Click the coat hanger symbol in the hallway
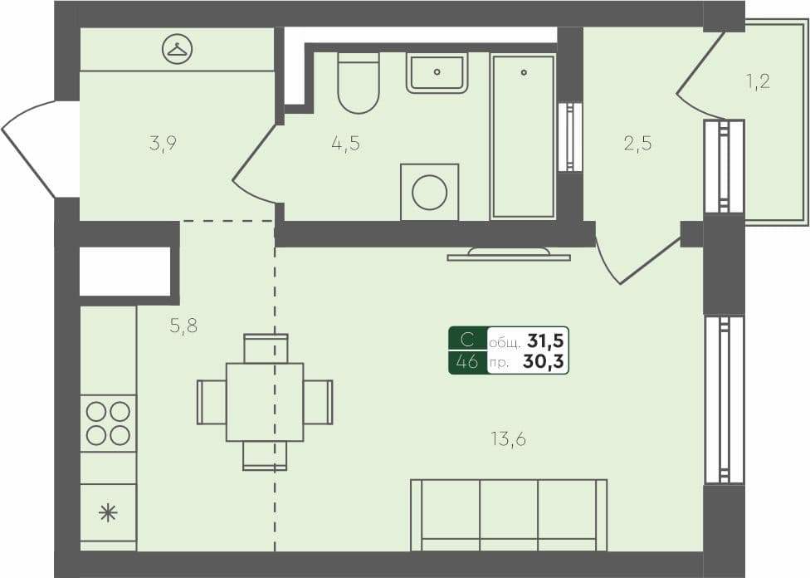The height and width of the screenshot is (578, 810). [176, 49]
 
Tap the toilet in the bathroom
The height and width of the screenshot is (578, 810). [359, 82]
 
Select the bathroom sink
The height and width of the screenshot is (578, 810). [437, 72]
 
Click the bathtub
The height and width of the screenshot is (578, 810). [523, 136]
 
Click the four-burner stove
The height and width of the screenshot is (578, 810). [109, 424]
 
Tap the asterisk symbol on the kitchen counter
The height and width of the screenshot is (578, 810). [108, 512]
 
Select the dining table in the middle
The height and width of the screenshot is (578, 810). [265, 402]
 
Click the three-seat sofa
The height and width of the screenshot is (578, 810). [509, 515]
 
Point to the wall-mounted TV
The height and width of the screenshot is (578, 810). [509, 254]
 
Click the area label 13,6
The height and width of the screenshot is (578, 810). [508, 439]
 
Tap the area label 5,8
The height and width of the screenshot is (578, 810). [183, 326]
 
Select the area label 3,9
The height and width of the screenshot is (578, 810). [163, 143]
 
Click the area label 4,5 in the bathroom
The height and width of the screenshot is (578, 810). [345, 143]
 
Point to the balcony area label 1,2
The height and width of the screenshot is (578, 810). [759, 81]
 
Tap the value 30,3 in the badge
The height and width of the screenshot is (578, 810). [544, 361]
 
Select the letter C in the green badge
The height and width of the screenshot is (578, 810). [468, 340]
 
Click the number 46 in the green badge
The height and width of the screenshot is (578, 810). [468, 361]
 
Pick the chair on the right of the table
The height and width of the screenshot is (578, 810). [318, 402]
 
